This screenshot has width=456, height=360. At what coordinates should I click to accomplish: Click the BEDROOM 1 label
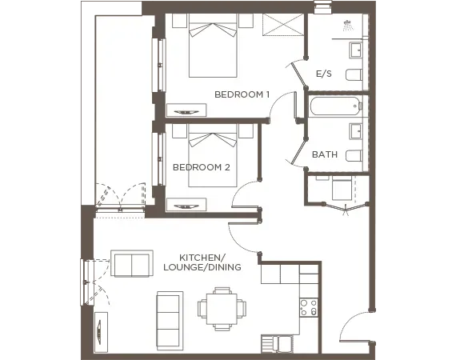pos(242,94)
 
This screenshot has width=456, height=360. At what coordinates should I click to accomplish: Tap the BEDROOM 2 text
pos(202,167)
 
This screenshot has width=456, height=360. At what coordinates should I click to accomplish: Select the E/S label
pos(323,74)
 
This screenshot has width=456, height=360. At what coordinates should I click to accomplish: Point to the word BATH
pos(324,154)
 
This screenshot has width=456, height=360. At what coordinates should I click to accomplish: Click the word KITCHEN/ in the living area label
pos(202,258)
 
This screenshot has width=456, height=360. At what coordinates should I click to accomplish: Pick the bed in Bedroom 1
pos(213,50)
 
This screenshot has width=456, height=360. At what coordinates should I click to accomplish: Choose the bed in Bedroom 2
pos(213,157)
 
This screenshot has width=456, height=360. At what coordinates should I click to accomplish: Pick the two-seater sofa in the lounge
pos(133,263)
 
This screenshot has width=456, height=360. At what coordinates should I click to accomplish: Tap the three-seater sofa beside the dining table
pos(169,318)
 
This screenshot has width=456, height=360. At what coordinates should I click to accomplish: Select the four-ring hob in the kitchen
pos(308,306)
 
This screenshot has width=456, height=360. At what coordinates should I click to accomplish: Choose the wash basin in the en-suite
pos(355,50)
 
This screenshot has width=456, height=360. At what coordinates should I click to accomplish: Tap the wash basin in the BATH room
pos(355,130)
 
